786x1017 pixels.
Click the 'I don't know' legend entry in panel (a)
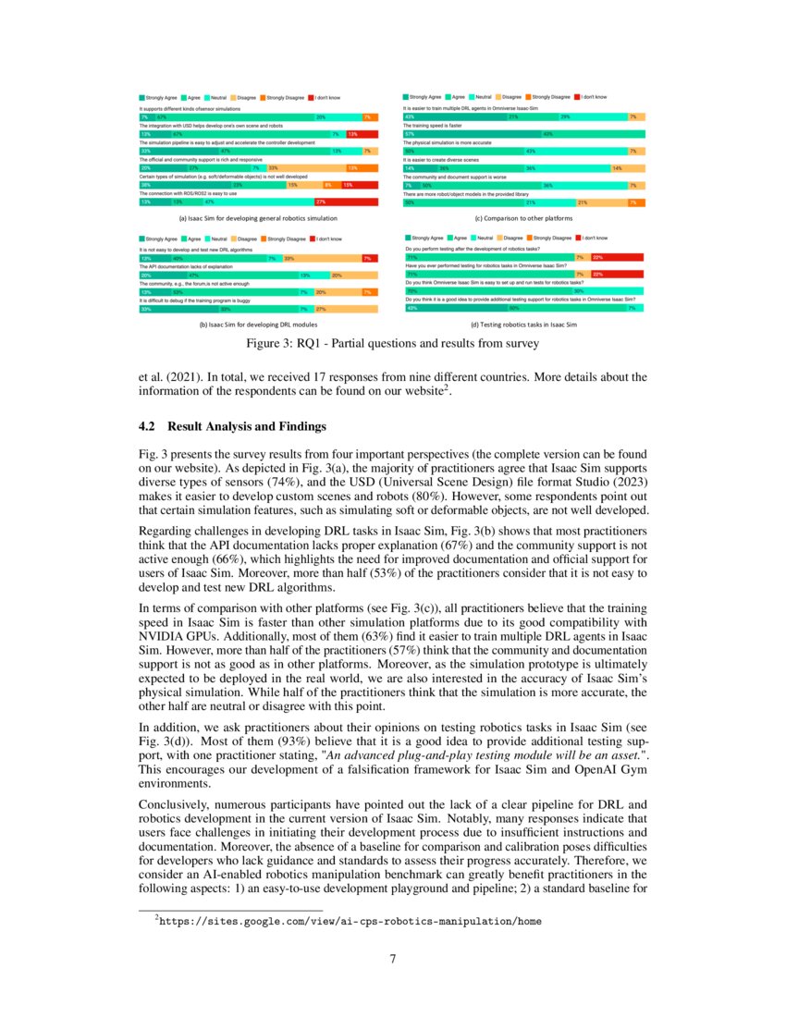pos(327,96)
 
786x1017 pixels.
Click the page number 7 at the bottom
pos(393,957)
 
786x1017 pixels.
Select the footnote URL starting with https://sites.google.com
pos(350,921)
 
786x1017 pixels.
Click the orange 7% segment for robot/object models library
pos(632,202)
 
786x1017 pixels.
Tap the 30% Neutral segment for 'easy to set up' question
pos(578,291)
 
